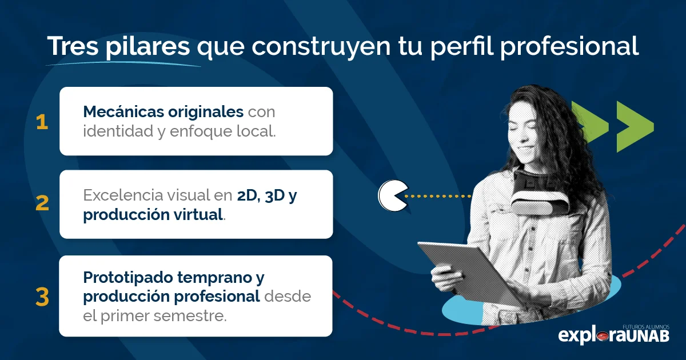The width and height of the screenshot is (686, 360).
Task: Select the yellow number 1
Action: point(42,122)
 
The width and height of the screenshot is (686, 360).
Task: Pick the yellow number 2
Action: point(42,204)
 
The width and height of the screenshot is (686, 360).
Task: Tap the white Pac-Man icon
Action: point(393,195)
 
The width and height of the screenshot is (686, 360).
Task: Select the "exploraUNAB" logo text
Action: point(613,335)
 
